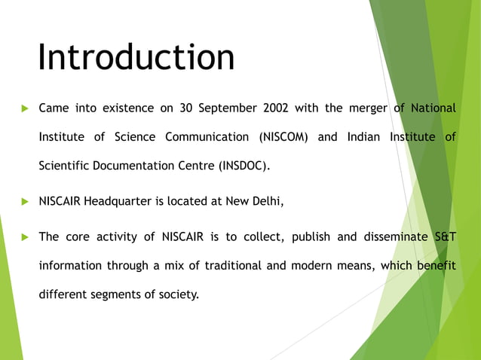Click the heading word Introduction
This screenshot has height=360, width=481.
136,58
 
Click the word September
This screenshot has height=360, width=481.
228,108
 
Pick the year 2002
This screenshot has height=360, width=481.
275,108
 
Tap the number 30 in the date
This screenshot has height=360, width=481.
186,108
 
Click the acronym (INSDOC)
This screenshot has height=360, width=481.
243,166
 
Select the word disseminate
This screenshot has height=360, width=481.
392,237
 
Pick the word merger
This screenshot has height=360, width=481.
366,108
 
